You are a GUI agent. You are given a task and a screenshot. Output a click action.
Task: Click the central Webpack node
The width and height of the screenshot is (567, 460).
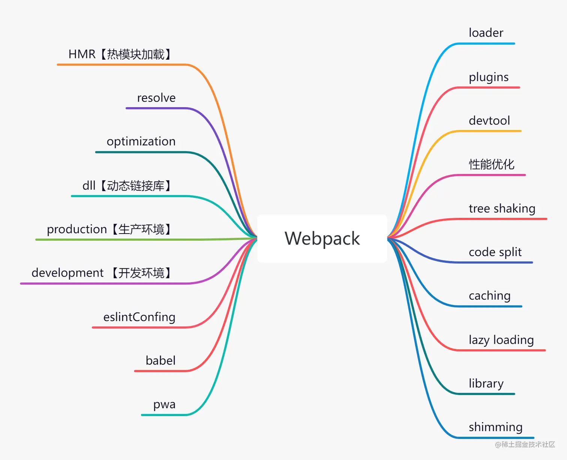322,238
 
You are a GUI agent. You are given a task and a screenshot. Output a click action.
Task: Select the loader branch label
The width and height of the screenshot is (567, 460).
486,33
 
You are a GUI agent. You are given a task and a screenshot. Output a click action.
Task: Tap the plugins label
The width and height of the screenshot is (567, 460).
489,77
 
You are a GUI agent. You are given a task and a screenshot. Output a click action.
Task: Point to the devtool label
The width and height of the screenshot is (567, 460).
489,121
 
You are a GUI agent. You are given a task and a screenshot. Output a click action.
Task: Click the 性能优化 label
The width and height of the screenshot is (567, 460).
491,164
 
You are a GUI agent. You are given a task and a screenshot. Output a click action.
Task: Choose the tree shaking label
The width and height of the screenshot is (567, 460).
502,208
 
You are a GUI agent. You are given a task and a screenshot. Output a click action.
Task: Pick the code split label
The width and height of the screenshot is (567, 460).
495,252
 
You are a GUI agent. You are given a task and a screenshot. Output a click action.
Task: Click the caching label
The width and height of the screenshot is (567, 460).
489,296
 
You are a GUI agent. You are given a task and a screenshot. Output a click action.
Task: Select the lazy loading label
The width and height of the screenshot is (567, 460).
501,340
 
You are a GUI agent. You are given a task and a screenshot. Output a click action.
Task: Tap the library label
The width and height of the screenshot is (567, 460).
486,384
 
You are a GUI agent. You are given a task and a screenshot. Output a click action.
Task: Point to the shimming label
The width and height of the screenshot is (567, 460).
495,427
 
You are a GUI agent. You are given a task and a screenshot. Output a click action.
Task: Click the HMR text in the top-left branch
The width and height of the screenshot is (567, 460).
82,54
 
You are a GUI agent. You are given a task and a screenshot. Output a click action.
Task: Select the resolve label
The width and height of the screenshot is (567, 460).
156,98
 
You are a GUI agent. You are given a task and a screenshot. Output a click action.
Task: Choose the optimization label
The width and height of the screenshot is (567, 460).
141,141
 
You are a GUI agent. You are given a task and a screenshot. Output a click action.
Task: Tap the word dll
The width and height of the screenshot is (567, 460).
89,186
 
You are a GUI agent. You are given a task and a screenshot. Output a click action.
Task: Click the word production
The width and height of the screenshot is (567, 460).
77,229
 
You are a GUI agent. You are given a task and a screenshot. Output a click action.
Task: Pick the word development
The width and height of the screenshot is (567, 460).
67,273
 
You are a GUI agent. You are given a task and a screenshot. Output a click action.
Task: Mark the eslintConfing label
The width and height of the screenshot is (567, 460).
139,317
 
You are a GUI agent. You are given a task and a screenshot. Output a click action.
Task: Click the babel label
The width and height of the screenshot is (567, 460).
160,361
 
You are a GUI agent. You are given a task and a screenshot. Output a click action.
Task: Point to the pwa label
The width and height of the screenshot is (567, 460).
164,405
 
